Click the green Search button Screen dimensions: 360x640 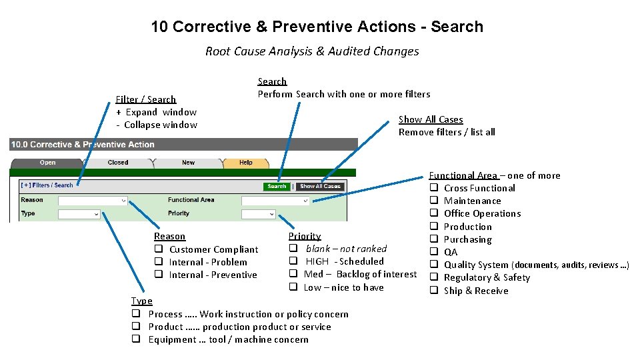click(277, 187)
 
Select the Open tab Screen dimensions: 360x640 click(48, 163)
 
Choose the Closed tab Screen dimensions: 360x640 click(118, 163)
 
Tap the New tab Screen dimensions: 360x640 click(189, 163)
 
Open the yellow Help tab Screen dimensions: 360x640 click(246, 163)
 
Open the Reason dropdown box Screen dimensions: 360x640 click(93, 200)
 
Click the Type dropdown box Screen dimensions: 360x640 click(79, 214)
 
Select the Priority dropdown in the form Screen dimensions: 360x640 click(258, 214)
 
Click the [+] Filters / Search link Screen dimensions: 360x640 click(47, 185)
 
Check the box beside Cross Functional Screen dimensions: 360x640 click(433, 188)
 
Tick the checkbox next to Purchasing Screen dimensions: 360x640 click(433, 239)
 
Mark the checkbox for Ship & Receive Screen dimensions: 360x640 click(433, 291)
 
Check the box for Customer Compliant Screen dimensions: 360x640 click(159, 249)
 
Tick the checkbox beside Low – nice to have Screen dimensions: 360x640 click(293, 287)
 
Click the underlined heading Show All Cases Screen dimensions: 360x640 click(431, 119)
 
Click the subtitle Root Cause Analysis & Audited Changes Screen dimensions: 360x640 click(312, 51)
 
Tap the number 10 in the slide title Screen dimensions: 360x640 click(159, 27)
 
